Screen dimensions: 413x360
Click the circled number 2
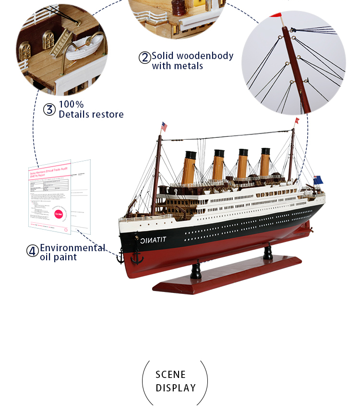pyautogui.click(x=144, y=58)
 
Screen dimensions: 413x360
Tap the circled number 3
pyautogui.click(x=49, y=109)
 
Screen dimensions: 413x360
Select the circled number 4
pyautogui.click(x=32, y=251)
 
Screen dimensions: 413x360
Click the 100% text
pyautogui.click(x=71, y=104)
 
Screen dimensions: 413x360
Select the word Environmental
pyautogui.click(x=72, y=248)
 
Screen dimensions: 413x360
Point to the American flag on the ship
pyautogui.click(x=164, y=127)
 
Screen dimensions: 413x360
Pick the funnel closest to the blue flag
pyautogui.click(x=265, y=161)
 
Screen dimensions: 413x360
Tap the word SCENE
pyautogui.click(x=170, y=375)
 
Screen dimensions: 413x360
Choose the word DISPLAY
pyautogui.click(x=176, y=388)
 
